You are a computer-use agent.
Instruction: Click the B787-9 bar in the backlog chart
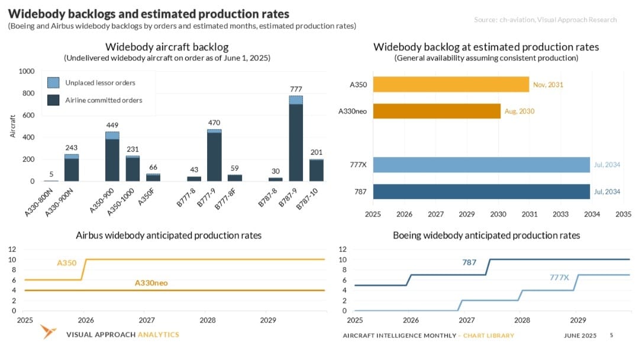pyautogui.click(x=296, y=142)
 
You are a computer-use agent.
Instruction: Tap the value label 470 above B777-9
pyautogui.click(x=214, y=123)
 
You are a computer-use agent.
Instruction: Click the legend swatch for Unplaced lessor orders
pyautogui.click(x=53, y=83)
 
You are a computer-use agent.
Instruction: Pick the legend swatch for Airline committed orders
pyautogui.click(x=53, y=100)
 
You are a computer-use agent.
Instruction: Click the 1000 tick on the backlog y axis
pyautogui.click(x=27, y=71)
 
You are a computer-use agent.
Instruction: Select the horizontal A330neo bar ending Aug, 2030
pyautogui.click(x=437, y=111)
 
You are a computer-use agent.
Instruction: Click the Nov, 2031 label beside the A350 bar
pyautogui.click(x=548, y=85)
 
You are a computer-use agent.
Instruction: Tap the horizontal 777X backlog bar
pyautogui.click(x=481, y=165)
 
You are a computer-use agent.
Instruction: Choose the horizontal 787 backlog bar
pyautogui.click(x=481, y=192)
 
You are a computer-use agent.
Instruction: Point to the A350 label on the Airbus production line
pyautogui.click(x=66, y=262)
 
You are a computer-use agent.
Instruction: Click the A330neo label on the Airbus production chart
pyautogui.click(x=151, y=283)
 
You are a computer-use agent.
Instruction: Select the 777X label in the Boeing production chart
pyautogui.click(x=559, y=277)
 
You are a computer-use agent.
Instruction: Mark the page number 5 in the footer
pyautogui.click(x=611, y=335)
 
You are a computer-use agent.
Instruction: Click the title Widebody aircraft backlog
pyautogui.click(x=167, y=47)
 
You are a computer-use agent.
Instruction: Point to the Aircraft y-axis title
pyautogui.click(x=12, y=126)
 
